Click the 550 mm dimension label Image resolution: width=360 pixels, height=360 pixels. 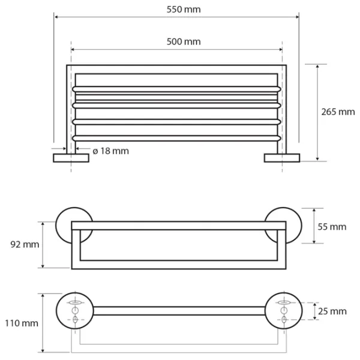pyautogui.click(x=184, y=10)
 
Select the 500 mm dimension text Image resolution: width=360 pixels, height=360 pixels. pyautogui.click(x=184, y=42)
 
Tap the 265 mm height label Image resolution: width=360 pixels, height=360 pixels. pyautogui.click(x=338, y=112)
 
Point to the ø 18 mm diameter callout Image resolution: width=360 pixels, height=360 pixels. pyautogui.click(x=110, y=151)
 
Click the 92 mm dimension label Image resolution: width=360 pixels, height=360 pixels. pyautogui.click(x=25, y=245)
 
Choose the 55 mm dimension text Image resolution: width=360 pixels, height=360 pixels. pyautogui.click(x=332, y=227)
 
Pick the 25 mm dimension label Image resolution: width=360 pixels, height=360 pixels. pyautogui.click(x=332, y=311)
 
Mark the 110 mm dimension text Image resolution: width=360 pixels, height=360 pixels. pyautogui.click(x=22, y=323)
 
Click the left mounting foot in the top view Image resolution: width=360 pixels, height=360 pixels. pyautogui.click(x=71, y=158)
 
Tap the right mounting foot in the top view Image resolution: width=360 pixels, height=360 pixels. pyautogui.click(x=282, y=158)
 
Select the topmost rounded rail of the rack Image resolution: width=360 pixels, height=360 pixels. pyautogui.click(x=176, y=89)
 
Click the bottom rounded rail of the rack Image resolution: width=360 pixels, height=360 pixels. pyautogui.click(x=176, y=138)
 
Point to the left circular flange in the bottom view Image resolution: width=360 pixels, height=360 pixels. pyautogui.click(x=75, y=311)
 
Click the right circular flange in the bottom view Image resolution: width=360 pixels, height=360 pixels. pyautogui.click(x=284, y=311)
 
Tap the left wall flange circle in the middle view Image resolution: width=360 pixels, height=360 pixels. pyautogui.click(x=74, y=226)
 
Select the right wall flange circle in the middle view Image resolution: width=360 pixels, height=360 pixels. pyautogui.click(x=283, y=226)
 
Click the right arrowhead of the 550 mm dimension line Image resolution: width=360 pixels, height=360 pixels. pyautogui.click(x=297, y=17)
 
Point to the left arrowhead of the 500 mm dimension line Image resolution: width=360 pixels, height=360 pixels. pyautogui.click(x=73, y=49)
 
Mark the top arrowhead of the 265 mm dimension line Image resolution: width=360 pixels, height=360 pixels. pyautogui.click(x=317, y=67)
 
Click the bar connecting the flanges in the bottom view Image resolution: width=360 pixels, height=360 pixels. pyautogui.click(x=179, y=311)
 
